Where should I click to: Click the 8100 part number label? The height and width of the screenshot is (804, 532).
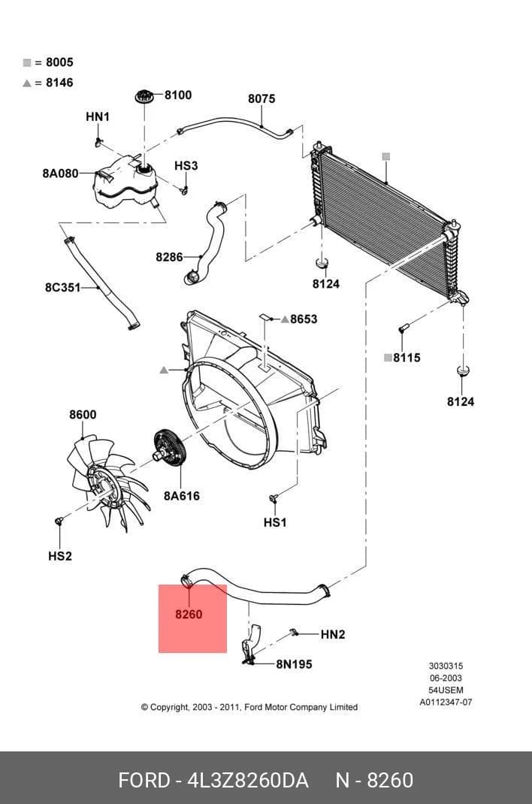[x=178, y=95]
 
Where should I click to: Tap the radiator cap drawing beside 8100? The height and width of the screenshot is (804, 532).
[x=144, y=96]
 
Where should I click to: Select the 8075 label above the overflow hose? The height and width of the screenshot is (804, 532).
[x=261, y=98]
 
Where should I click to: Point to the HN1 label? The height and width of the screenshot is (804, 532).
[x=98, y=117]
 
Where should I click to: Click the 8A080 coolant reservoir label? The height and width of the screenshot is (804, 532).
[x=60, y=174]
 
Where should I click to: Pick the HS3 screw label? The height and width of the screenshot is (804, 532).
[x=186, y=165]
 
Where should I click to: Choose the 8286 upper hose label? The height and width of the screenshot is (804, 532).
[x=169, y=256]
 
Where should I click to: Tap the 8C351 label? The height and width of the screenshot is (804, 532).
[x=62, y=287]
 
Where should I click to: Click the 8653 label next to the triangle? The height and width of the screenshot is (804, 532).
[x=304, y=319]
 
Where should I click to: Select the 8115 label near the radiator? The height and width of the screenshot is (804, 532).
[x=407, y=358]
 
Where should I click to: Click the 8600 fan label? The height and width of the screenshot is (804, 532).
[x=83, y=414]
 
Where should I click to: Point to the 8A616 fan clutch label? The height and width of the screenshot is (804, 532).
[x=181, y=496]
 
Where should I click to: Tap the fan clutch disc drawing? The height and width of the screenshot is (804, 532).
[x=171, y=448]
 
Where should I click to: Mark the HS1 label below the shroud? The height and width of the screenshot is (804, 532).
[x=275, y=522]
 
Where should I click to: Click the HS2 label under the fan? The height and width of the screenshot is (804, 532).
[x=60, y=556]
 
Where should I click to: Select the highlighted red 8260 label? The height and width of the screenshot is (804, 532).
[x=189, y=614]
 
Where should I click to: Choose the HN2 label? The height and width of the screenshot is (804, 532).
[x=333, y=634]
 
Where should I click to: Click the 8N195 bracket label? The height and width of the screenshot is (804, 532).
[x=295, y=664]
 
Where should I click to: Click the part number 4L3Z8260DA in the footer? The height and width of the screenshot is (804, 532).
[x=249, y=781]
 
